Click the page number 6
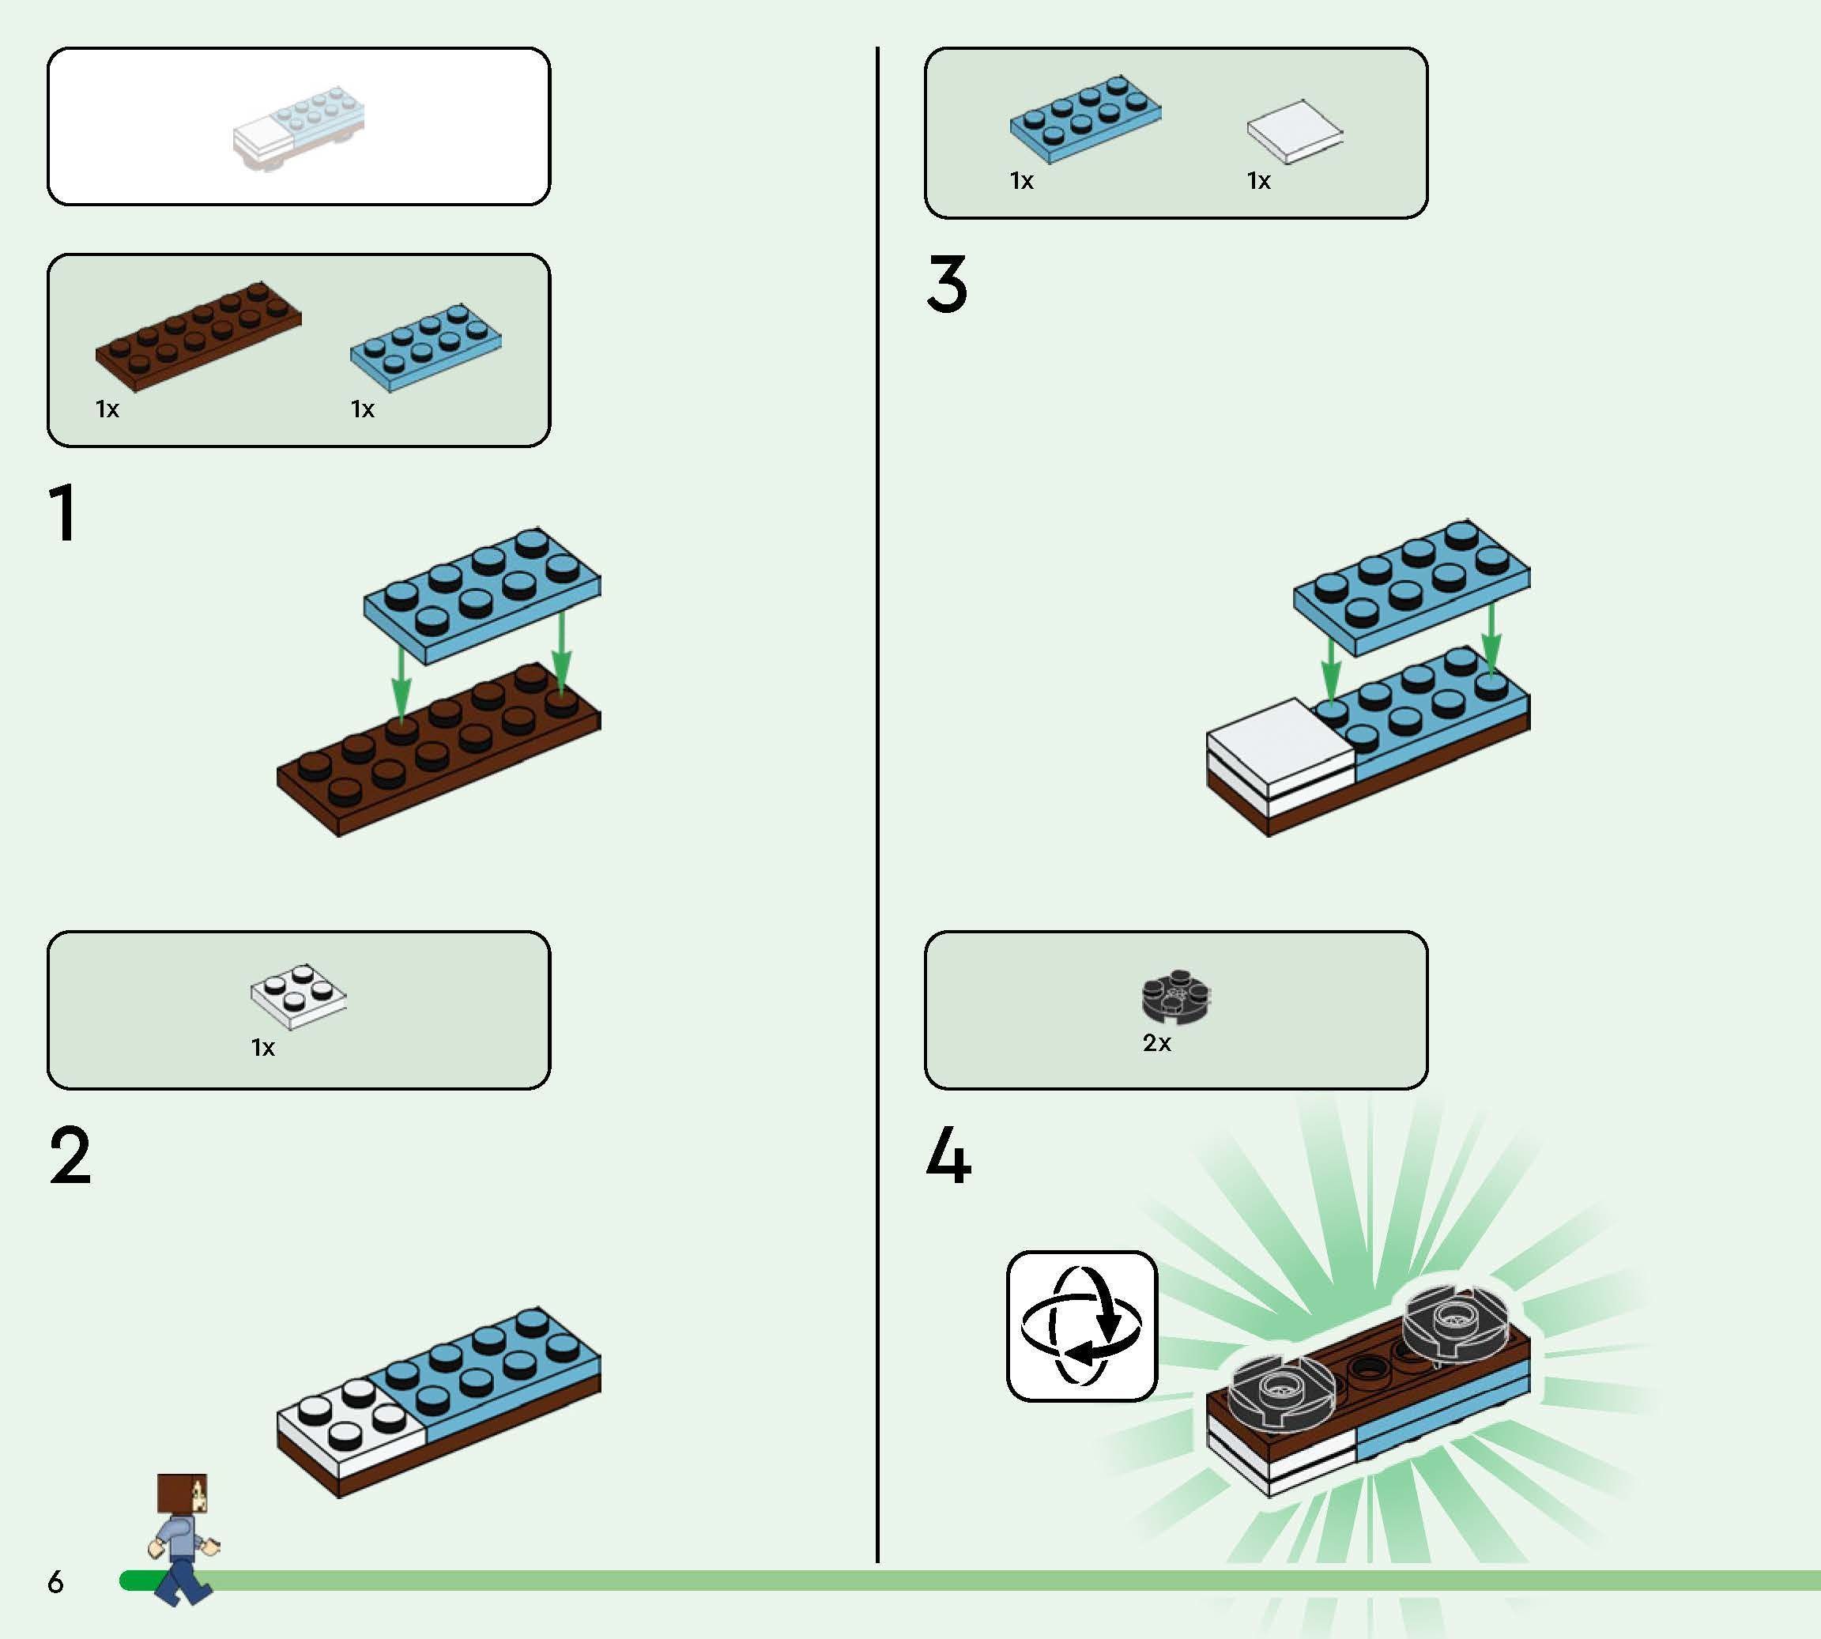(56, 1581)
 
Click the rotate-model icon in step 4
(1081, 1325)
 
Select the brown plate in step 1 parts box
(198, 336)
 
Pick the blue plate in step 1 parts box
(426, 348)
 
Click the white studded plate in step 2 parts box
(298, 996)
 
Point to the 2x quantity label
(1157, 1043)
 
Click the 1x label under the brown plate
(107, 409)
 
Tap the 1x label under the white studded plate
(263, 1047)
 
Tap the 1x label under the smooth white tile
(1259, 181)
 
